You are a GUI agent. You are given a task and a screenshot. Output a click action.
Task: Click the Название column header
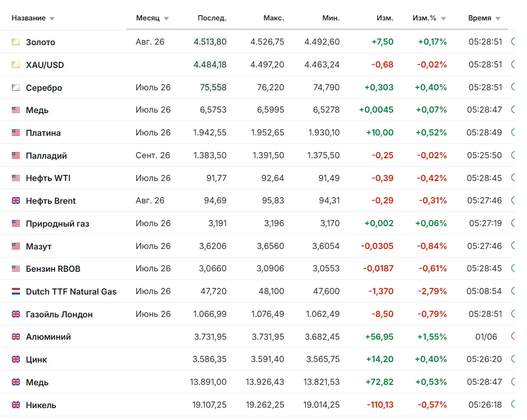tap(28, 18)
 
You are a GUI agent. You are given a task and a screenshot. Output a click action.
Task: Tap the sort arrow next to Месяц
tap(166, 19)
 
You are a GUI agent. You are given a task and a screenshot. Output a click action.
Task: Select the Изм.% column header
tap(424, 18)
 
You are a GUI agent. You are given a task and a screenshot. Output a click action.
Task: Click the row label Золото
tap(40, 42)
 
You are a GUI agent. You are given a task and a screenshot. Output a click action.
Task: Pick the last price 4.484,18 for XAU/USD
tap(210, 65)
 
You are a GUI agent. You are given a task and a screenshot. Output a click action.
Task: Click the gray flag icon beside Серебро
tap(16, 87)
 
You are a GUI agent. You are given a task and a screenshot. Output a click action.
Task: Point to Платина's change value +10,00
tap(380, 133)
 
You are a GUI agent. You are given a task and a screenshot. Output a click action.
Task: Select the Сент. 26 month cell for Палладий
tap(153, 155)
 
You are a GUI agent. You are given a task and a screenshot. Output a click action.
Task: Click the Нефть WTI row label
tap(48, 178)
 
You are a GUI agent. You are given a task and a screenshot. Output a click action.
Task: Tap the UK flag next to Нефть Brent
tap(16, 200)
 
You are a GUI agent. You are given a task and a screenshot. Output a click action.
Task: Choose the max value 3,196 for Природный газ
tap(274, 223)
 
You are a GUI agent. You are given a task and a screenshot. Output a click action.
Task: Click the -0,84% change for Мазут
tap(432, 246)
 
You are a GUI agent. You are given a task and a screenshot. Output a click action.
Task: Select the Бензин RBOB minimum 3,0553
tap(326, 268)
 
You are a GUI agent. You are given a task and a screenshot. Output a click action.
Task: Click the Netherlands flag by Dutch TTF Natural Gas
tap(16, 291)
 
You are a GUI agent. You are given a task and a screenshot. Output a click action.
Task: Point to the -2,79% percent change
tap(432, 291)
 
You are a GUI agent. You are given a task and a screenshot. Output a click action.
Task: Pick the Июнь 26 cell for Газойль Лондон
tap(153, 314)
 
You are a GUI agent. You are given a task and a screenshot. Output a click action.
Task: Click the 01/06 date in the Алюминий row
tap(486, 337)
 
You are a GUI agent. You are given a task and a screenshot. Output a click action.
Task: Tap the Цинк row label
tap(37, 359)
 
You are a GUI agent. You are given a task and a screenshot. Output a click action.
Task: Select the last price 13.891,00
tap(208, 382)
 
